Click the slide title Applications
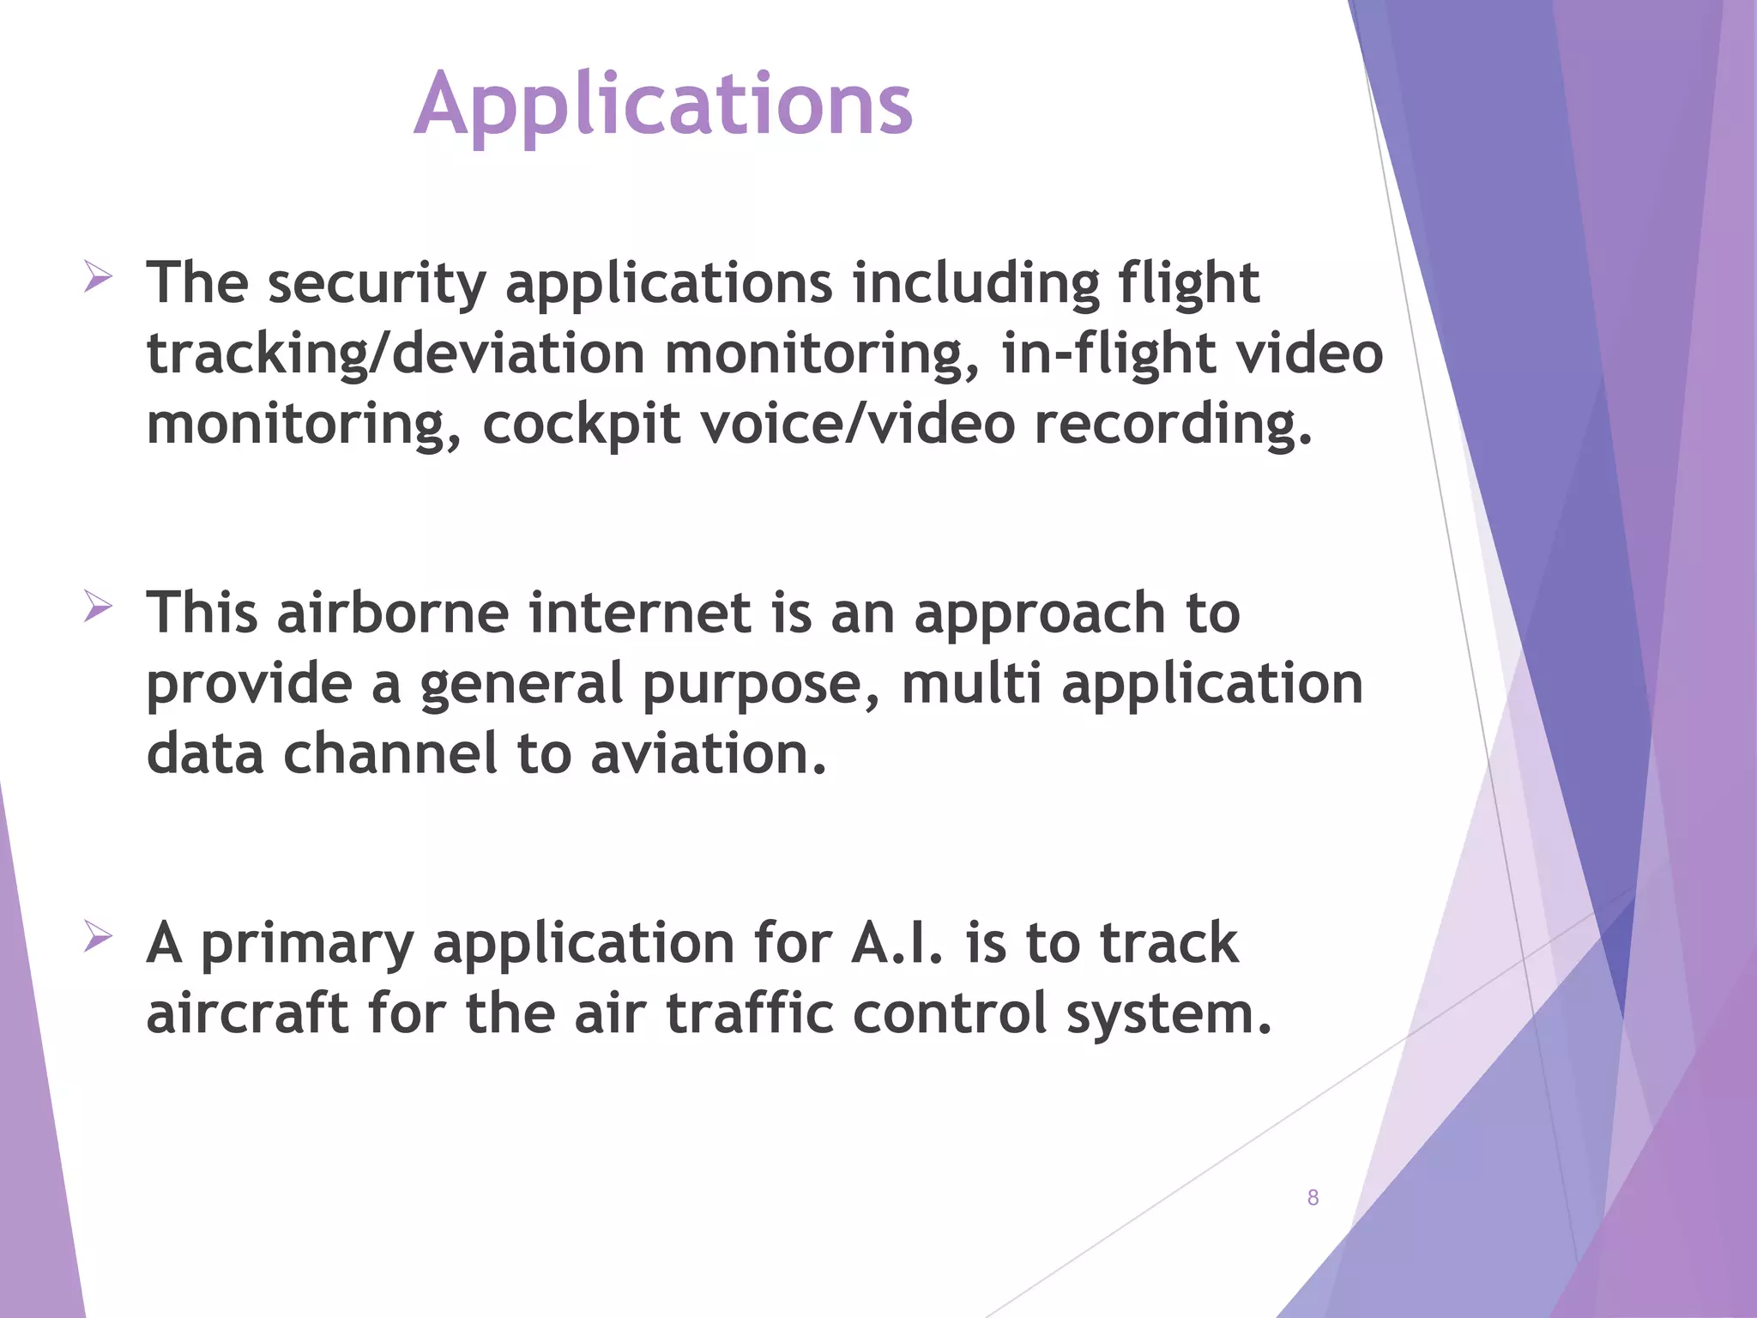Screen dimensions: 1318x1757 pos(662,105)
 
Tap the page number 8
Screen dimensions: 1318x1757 pos(1313,1197)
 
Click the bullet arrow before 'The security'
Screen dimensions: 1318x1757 pos(98,278)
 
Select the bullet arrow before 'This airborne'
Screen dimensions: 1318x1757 pos(98,608)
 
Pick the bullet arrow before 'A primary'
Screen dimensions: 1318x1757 pos(98,937)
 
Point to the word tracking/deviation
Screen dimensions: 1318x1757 pos(395,355)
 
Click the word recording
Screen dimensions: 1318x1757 pos(1172,426)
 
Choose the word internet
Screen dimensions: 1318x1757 pos(640,614)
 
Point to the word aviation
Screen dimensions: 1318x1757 pos(708,755)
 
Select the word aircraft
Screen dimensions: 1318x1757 pos(247,1014)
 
